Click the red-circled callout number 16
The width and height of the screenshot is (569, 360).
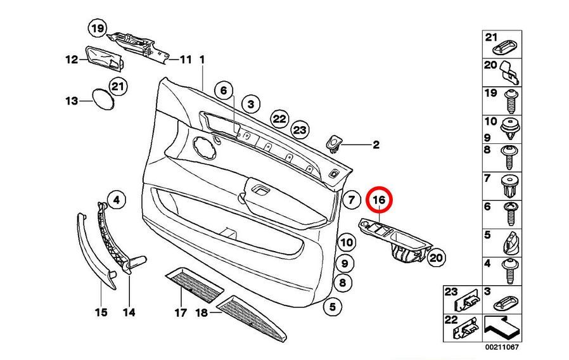tap(379, 200)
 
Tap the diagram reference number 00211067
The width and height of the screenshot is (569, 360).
tap(502, 347)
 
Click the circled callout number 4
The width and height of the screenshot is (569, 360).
tap(117, 200)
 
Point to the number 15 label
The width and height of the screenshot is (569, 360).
tap(101, 312)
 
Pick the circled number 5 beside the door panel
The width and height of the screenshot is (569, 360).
tap(333, 307)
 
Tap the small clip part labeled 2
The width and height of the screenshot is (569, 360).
tap(334, 144)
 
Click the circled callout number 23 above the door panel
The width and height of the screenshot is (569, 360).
tap(300, 130)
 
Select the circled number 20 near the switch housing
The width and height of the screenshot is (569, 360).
tap(436, 258)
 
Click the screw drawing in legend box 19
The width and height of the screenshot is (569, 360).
tap(511, 101)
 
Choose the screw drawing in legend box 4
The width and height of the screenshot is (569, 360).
tap(511, 271)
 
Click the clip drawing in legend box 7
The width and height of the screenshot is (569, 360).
tap(510, 186)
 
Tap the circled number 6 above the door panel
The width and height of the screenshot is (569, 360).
tap(224, 91)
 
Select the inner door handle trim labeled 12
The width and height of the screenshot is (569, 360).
tap(105, 58)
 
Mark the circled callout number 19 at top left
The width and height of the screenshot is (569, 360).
tap(98, 28)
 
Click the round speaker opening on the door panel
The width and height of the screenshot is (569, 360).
tap(203, 146)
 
